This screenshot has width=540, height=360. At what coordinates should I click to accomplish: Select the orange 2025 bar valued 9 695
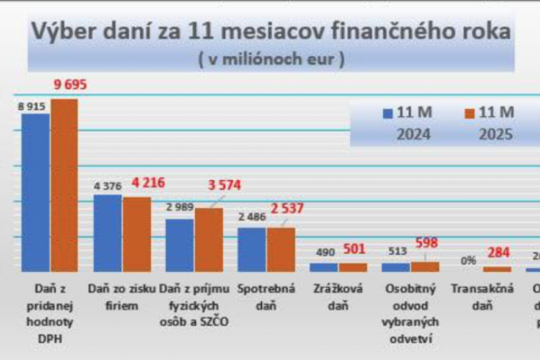click(64, 184)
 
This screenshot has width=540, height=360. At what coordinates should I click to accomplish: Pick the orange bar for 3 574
click(208, 239)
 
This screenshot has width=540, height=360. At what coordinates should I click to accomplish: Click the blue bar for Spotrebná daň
click(251, 249)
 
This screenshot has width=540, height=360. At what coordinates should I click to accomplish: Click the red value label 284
click(498, 253)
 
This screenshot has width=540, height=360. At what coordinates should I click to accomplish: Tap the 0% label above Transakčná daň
click(469, 260)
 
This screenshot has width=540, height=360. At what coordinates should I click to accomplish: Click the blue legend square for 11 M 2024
click(388, 113)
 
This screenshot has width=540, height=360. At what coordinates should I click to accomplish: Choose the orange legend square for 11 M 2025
click(468, 113)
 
